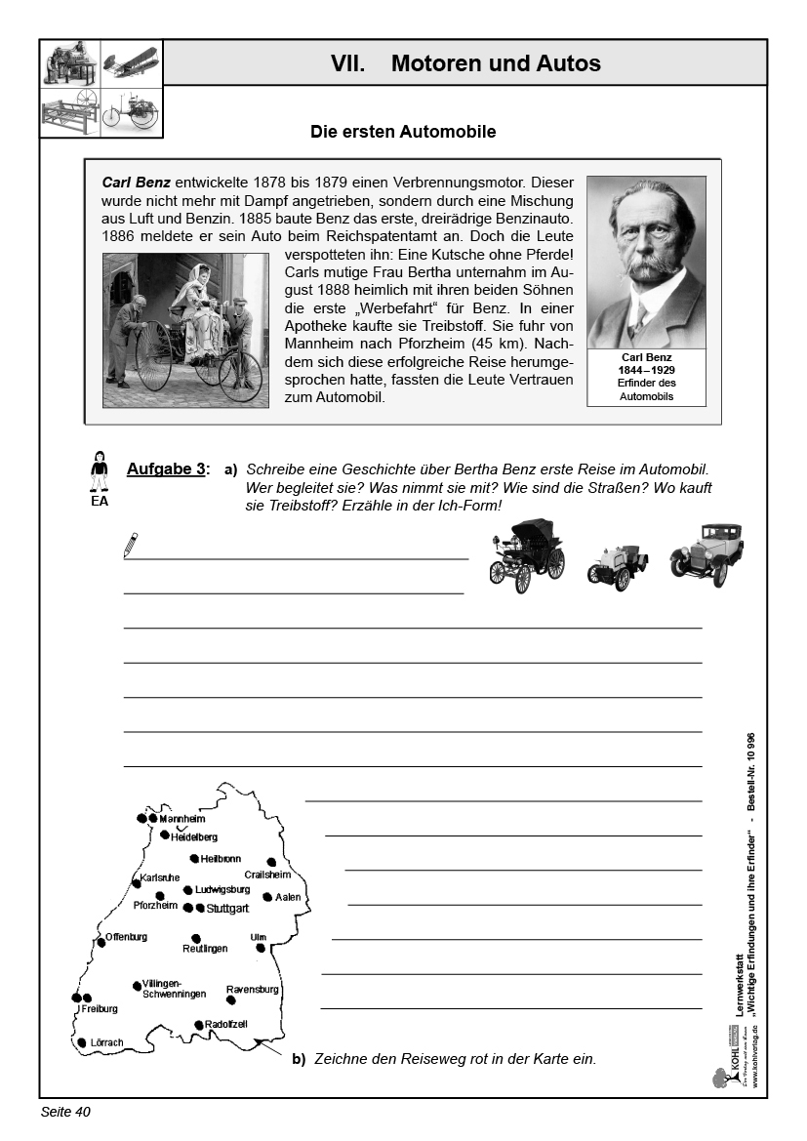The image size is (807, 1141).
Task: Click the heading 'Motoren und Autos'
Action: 495,64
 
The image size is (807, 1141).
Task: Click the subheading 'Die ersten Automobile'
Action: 403,131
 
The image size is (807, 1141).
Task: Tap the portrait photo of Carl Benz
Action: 645,262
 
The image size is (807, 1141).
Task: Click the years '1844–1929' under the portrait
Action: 645,370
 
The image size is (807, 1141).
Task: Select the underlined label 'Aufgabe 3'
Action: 166,469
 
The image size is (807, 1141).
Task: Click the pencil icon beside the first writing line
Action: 131,545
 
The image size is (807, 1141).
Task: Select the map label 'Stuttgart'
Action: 228,909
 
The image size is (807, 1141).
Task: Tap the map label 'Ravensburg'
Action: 252,989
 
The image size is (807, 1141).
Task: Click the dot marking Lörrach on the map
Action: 82,1042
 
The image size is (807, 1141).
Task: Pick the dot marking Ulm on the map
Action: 261,948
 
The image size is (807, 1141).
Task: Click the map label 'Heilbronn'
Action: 221,859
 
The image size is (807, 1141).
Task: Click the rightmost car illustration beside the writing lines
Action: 706,553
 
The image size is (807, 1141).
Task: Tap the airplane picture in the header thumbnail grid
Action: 130,62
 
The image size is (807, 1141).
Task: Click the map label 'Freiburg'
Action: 100,1008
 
